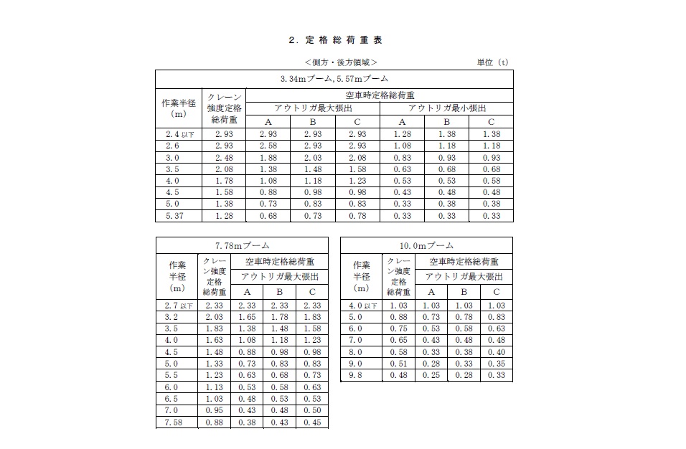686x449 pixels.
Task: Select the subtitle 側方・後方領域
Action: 340,62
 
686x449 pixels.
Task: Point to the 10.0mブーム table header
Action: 426,246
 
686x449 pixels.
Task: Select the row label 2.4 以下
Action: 178,134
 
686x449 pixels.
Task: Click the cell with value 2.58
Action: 267,146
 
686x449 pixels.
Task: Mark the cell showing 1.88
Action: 267,158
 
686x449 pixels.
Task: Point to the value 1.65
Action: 247,317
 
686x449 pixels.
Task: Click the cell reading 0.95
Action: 213,411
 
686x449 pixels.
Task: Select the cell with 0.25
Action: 431,376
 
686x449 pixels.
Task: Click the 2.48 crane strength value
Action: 223,158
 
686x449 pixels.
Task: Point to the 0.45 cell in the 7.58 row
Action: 311,422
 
